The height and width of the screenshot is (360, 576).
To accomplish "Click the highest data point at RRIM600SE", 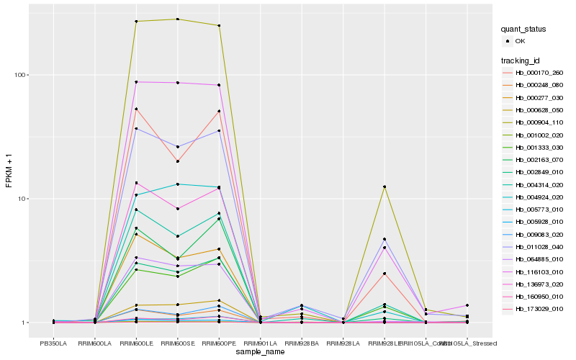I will pyautogui.click(x=177, y=19).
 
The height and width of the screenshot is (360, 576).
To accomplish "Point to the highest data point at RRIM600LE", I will pyautogui.click(x=136, y=22).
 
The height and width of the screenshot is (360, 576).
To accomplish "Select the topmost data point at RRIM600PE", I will pyautogui.click(x=219, y=25).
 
